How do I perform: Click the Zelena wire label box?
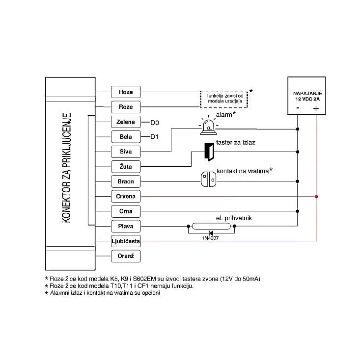pos(126,122)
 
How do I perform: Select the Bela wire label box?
pos(126,137)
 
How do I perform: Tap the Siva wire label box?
pos(126,152)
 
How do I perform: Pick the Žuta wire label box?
pos(126,166)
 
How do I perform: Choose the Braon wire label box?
pos(126,181)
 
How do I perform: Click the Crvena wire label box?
pos(126,196)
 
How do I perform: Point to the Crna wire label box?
pos(126,211)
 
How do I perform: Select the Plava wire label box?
pos(126,226)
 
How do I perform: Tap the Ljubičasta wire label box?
pos(126,241)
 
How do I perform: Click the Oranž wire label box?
pos(126,256)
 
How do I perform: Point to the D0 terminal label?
pos(155,123)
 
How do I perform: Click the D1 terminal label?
pos(154,137)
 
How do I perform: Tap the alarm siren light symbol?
pos(209,126)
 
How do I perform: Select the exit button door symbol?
pos(209,152)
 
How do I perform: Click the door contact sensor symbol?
pos(209,180)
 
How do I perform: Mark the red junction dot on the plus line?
pos(316,197)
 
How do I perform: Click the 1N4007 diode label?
pos(210,238)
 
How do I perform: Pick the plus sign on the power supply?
pos(316,108)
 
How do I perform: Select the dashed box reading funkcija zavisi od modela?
pos(224,99)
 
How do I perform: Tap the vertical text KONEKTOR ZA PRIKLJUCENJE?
pos(66,168)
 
